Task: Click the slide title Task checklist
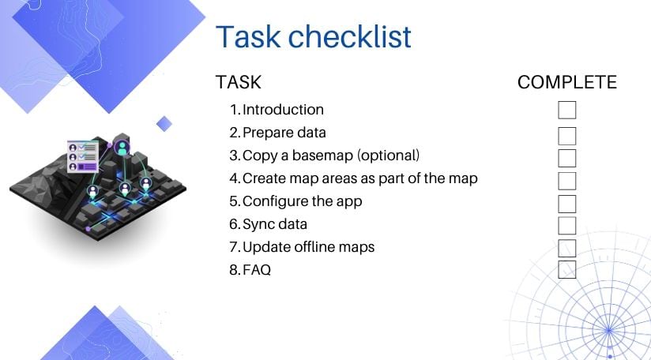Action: [314, 37]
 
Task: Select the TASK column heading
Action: [238, 82]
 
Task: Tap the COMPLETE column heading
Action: [566, 82]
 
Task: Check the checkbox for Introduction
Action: [566, 111]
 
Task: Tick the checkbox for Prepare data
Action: [566, 136]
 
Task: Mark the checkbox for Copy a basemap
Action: [566, 158]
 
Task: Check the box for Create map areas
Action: [566, 181]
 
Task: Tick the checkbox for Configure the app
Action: [566, 204]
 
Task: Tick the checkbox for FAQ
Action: [566, 270]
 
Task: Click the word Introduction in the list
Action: [283, 110]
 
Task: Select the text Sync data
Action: [274, 223]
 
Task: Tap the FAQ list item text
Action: [256, 270]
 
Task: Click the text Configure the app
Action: [302, 201]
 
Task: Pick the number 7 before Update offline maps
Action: [234, 247]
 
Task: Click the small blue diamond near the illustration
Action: [164, 123]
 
